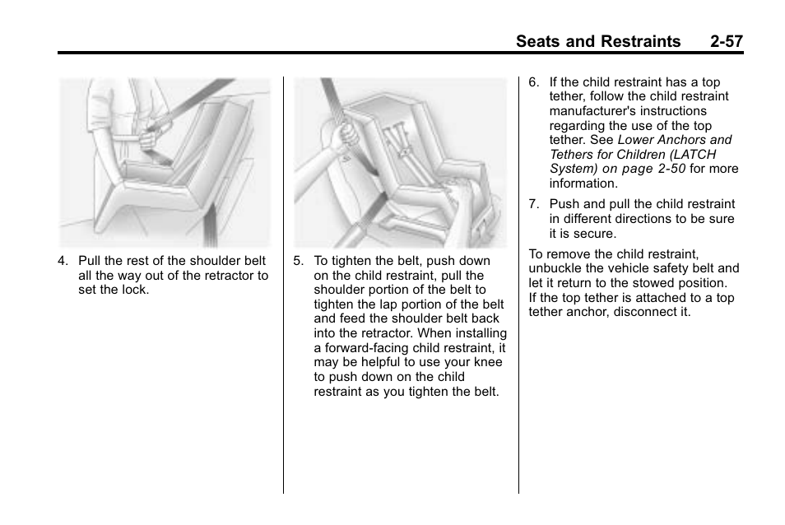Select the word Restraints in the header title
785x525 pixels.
636,41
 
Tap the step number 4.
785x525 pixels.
62,262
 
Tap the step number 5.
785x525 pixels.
298,262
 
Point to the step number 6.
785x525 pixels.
533,82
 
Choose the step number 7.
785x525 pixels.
533,204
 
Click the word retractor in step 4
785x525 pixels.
225,276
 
